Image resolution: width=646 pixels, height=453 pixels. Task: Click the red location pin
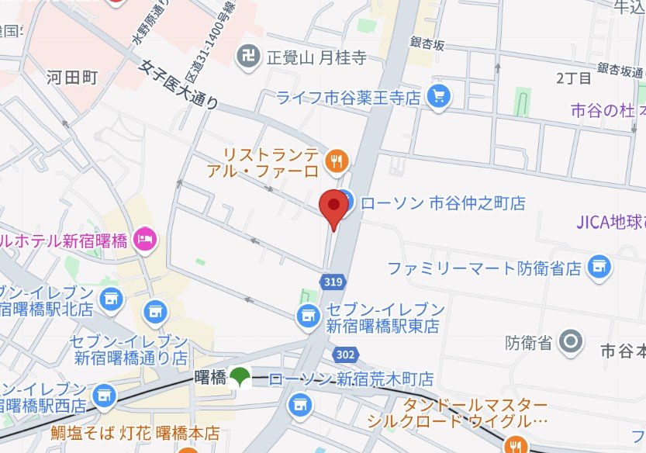[x=333, y=206]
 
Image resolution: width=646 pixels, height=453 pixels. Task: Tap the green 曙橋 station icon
[x=240, y=378]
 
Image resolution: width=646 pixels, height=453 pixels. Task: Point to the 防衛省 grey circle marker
[x=572, y=340]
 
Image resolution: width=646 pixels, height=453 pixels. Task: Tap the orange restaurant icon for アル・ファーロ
[x=337, y=161]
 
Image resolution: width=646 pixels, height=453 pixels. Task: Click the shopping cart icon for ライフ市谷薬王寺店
[x=440, y=97]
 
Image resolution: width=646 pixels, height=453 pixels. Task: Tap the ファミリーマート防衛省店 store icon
[x=599, y=268]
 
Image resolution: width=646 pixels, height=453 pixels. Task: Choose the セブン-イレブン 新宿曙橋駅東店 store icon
[x=309, y=315]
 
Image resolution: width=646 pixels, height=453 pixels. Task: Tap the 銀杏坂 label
[x=428, y=45]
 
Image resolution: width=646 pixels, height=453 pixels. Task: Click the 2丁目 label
[x=573, y=78]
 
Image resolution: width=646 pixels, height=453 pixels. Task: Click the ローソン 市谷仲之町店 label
[x=443, y=203]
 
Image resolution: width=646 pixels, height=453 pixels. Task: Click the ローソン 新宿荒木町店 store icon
[x=299, y=404]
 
